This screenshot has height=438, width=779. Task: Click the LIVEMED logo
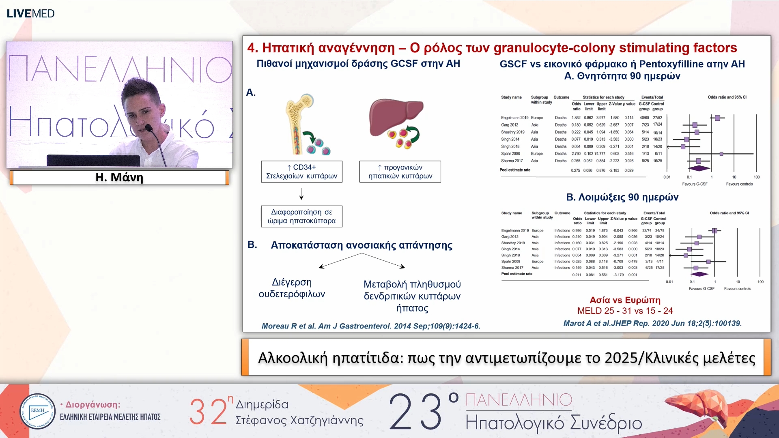pos(30,13)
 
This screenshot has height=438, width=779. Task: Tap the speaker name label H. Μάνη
pos(119,177)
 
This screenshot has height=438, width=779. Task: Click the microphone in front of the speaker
pos(149,129)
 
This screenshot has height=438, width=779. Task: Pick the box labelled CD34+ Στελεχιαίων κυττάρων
pos(301,172)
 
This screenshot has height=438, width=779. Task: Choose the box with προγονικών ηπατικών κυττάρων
pos(400,172)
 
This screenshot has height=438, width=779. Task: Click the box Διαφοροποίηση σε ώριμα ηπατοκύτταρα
pos(301,216)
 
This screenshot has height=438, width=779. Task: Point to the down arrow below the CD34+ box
pos(301,194)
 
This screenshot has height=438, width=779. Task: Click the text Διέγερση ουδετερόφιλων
pos(292,288)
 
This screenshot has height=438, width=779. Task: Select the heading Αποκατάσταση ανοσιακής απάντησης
pos(362,245)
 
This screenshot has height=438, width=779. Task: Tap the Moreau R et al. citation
pos(371,326)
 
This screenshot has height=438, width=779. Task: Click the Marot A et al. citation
pos(652,323)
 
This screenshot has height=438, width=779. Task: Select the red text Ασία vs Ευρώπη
pos(625,300)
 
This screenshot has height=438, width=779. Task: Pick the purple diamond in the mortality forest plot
pos(699,168)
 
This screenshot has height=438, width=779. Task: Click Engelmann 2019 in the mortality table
pos(514,118)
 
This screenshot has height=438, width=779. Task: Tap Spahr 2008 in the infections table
pos(510,262)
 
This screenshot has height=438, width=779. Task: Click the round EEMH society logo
pos(37,411)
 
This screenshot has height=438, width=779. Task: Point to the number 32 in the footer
pos(208,412)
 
